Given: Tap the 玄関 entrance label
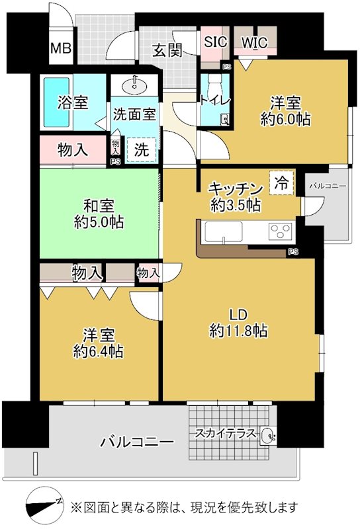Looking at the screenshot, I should (x=167, y=50).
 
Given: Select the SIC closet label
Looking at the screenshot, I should (x=215, y=42).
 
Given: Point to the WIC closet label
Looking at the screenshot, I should (x=253, y=42).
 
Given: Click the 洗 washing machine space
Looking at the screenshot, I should (x=142, y=149).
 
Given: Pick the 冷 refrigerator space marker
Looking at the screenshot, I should (x=281, y=183).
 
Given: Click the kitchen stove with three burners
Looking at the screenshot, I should (x=281, y=231).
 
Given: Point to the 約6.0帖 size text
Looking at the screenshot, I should (x=285, y=119).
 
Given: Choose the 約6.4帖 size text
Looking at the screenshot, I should (x=97, y=351).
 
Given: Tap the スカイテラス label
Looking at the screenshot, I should (x=223, y=434).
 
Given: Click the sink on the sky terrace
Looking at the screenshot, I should (x=267, y=436).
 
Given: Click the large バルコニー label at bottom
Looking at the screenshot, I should (x=137, y=441).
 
